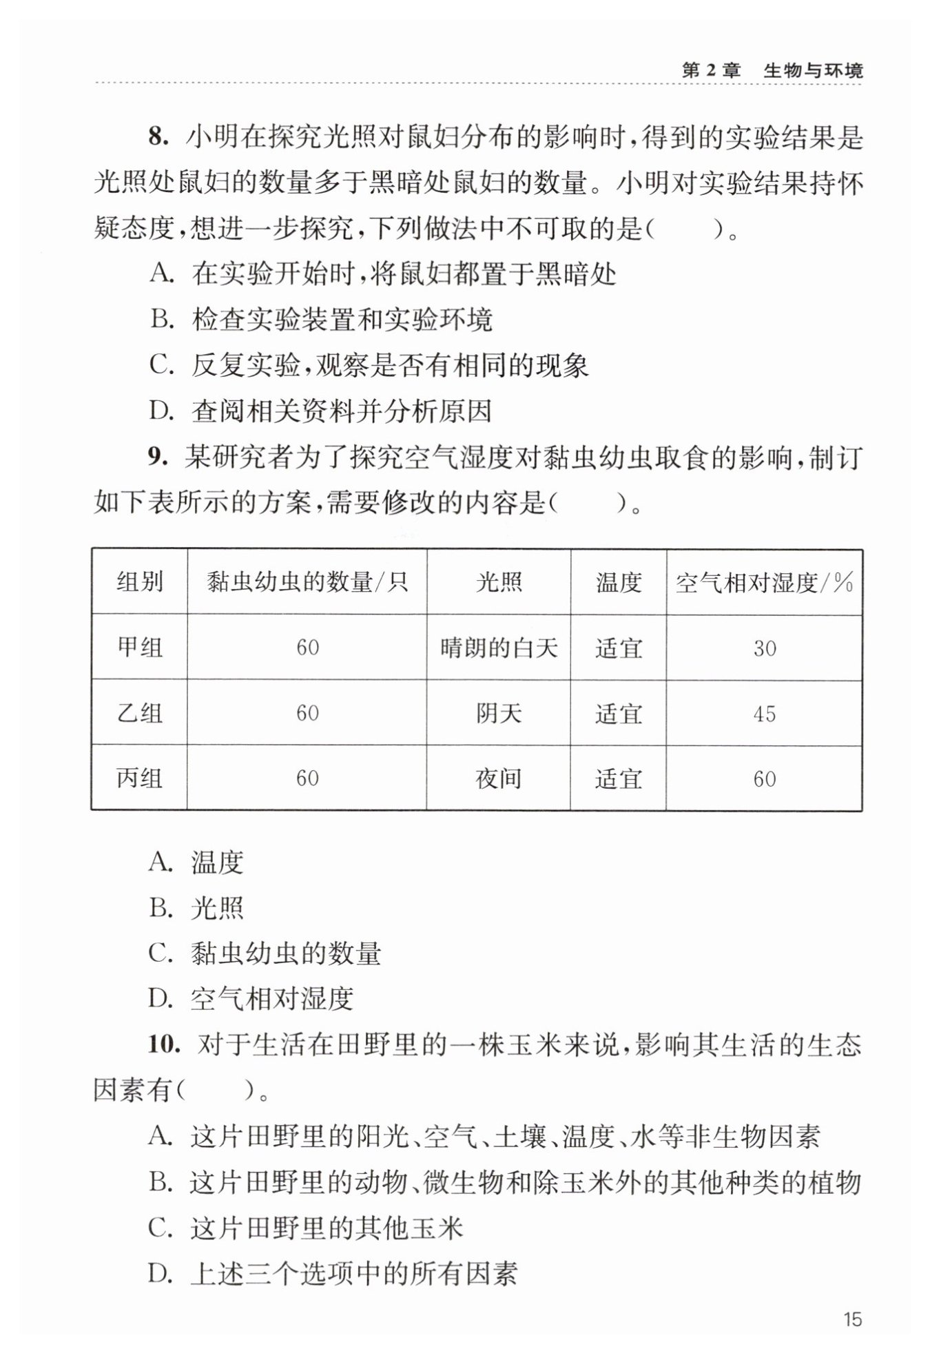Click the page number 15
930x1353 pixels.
click(x=851, y=1319)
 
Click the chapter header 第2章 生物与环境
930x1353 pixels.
click(x=772, y=70)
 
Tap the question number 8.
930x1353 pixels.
click(x=158, y=137)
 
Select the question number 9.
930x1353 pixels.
click(x=158, y=457)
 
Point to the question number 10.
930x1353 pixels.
click(x=163, y=1044)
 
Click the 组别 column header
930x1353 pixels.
click(x=139, y=582)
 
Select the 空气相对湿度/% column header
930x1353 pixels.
click(x=764, y=583)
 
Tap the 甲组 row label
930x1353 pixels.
click(x=139, y=648)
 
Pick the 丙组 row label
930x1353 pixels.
click(x=139, y=778)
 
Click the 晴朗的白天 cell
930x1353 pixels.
click(x=498, y=648)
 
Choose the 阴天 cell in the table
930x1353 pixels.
click(x=498, y=713)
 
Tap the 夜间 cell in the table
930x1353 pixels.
click(x=498, y=778)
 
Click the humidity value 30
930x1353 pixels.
click(x=764, y=648)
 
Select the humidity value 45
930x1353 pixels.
click(x=764, y=714)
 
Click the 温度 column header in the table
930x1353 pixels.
click(x=618, y=583)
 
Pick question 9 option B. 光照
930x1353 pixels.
click(x=196, y=908)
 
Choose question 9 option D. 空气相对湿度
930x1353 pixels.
click(x=251, y=998)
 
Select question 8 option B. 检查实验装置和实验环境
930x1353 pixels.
click(x=321, y=320)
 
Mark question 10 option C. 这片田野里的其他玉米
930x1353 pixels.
click(x=306, y=1228)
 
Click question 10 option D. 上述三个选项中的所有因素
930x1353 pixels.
click(x=333, y=1274)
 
